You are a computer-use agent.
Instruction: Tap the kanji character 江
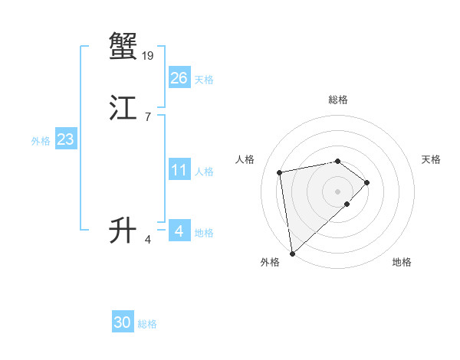(x=123, y=109)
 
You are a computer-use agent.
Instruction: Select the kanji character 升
(x=123, y=229)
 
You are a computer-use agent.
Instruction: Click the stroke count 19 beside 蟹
(x=148, y=55)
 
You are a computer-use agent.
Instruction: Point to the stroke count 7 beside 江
(x=147, y=117)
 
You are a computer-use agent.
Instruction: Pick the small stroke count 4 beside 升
(x=147, y=240)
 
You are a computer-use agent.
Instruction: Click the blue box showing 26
(x=179, y=78)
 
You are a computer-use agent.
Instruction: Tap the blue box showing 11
(x=179, y=170)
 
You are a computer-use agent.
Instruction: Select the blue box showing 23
(x=65, y=139)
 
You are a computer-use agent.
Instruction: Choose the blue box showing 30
(x=123, y=322)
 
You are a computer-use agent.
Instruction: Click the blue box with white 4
(x=179, y=231)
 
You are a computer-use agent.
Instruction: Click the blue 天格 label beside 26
(x=204, y=80)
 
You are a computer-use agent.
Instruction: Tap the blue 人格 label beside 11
(x=204, y=172)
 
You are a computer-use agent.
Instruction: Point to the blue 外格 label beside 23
(x=41, y=141)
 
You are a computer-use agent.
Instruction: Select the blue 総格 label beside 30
(x=147, y=324)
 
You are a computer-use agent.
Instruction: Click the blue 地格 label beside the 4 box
(x=204, y=233)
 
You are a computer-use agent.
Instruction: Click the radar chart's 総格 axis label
(x=337, y=100)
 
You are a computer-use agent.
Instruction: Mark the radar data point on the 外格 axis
(x=291, y=253)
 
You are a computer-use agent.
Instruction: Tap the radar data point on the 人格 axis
(x=280, y=172)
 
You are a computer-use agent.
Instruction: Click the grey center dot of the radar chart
(x=337, y=190)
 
